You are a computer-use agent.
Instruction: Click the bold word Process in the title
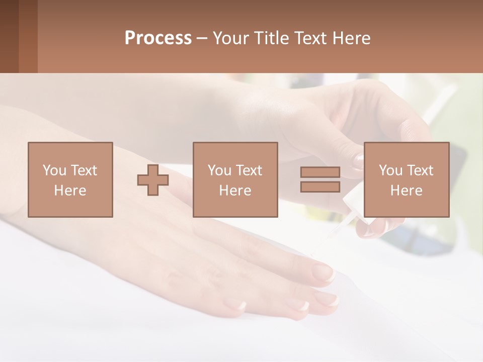tap(158, 38)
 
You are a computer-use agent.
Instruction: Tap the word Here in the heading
tap(351, 38)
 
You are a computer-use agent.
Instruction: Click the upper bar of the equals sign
tap(320, 172)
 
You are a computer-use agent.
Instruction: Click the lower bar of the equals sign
tap(320, 187)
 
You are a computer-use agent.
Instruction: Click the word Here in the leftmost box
tap(70, 191)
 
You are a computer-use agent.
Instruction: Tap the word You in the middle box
tap(219, 170)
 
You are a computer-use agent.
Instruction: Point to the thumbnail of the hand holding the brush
tap(358, 161)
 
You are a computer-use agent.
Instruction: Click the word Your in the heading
tap(230, 38)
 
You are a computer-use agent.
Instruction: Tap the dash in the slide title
tap(202, 38)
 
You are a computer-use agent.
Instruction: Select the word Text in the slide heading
tap(311, 38)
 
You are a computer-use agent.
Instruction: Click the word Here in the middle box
tap(235, 191)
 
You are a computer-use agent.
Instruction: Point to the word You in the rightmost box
tap(390, 170)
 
